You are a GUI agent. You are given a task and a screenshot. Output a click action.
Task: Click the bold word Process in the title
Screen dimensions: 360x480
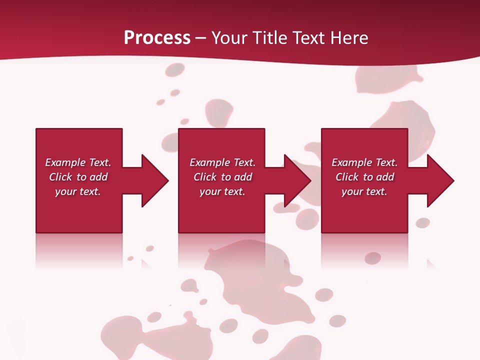coord(157,38)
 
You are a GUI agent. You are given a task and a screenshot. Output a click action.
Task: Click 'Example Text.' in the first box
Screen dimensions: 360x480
coord(78,162)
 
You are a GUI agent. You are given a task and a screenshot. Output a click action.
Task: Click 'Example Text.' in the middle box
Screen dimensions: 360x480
coord(222,162)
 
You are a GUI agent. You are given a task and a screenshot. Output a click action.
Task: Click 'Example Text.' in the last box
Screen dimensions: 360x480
coord(364,162)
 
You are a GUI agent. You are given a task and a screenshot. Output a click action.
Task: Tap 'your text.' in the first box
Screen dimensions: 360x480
coord(78,191)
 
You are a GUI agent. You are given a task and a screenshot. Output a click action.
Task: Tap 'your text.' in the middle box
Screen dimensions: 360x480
coord(222,191)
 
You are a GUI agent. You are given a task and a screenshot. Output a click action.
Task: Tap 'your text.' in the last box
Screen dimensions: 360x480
coord(364,191)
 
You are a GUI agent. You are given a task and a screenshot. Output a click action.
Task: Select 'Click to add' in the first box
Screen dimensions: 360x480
coord(78,177)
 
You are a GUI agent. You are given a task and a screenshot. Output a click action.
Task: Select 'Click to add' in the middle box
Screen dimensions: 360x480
coord(222,177)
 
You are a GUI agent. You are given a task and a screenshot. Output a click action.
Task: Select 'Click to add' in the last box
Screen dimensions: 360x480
coord(364,177)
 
